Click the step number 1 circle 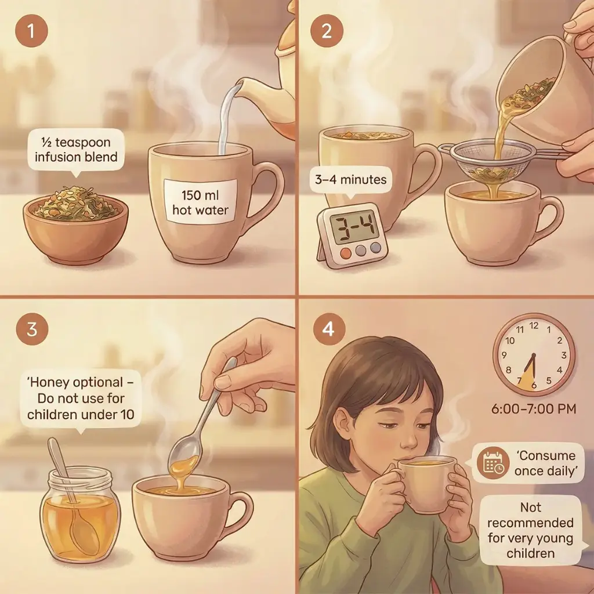31,31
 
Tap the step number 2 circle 327,31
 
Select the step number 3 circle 32,328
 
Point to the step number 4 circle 328,328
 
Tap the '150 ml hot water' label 200,202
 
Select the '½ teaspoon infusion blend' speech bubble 76,151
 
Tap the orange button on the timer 346,253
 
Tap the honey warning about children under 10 80,399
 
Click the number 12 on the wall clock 534,325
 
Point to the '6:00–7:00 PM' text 534,409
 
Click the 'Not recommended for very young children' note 530,530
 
